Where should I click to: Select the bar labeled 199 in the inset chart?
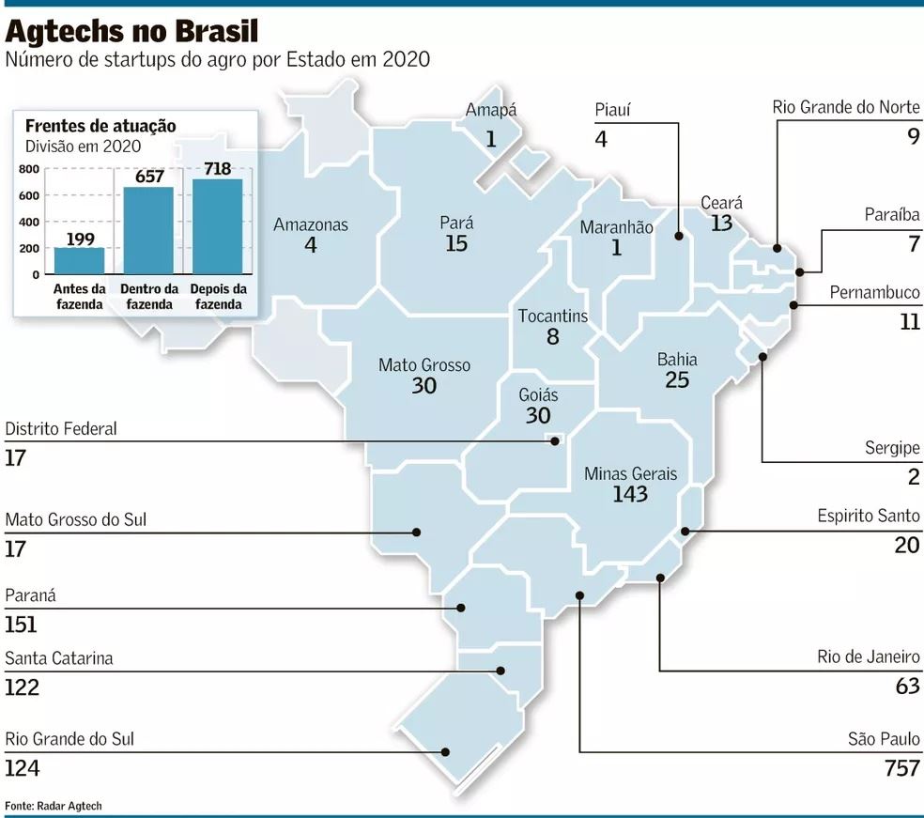coord(79,261)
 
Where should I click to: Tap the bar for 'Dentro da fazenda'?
coord(148,230)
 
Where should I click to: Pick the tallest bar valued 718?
coord(217,226)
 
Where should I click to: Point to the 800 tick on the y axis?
coord(29,169)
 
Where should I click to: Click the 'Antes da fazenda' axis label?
coord(79,297)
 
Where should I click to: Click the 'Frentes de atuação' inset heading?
coord(100,126)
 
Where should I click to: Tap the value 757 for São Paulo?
coord(901,768)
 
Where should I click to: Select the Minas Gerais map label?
coord(630,474)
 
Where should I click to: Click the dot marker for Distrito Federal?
coord(555,441)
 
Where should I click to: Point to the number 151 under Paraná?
coord(22,625)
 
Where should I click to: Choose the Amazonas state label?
coord(311,224)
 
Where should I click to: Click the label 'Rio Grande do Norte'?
coord(846,107)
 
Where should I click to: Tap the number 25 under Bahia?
coord(677,379)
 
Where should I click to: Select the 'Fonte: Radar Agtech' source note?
coord(54,806)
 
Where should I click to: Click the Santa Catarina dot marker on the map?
coord(500,671)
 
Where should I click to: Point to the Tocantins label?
coord(553,316)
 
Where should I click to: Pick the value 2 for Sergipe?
coord(913,477)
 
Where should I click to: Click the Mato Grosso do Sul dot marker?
coord(417,532)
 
